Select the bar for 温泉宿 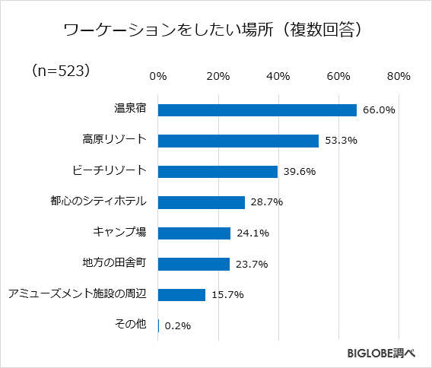(257, 110)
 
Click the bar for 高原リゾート (238, 141)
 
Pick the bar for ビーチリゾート (218, 172)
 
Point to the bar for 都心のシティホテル (201, 202)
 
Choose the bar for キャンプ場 (194, 233)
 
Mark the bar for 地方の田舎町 (193, 264)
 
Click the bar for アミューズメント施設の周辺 (181, 295)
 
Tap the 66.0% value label (378, 110)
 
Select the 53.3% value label (340, 141)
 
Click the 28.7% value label (266, 202)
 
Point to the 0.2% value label (176, 325)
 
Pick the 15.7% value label (227, 295)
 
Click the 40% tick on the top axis (278, 77)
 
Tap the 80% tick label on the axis (399, 77)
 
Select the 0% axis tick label (158, 77)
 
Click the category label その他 (129, 325)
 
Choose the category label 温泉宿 (129, 109)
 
